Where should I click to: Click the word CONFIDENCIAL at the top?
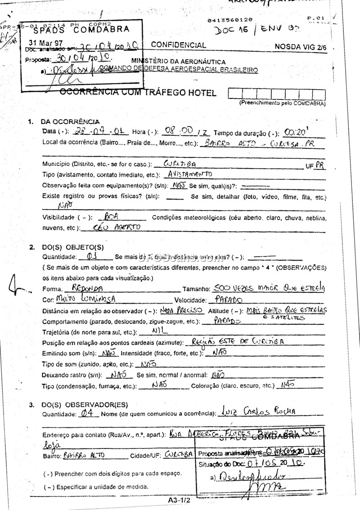179,45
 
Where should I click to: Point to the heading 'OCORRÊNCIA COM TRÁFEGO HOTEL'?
139,93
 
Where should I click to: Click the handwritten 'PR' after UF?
319,165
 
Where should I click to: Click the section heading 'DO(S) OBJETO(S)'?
72,247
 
